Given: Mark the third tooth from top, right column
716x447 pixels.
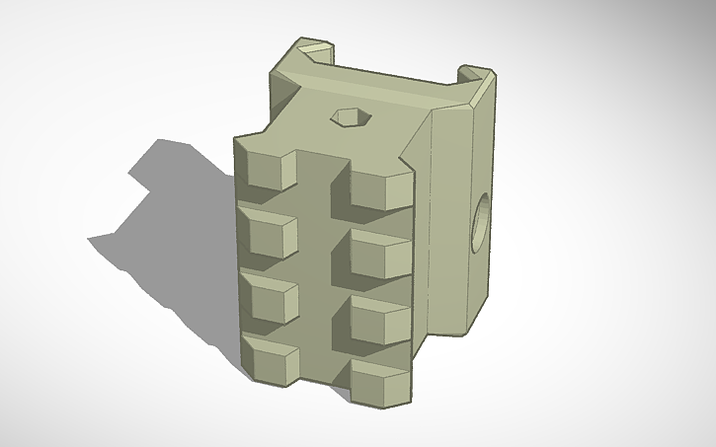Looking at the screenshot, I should (x=380, y=319).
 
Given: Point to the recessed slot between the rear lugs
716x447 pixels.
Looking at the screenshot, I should (x=395, y=79).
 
